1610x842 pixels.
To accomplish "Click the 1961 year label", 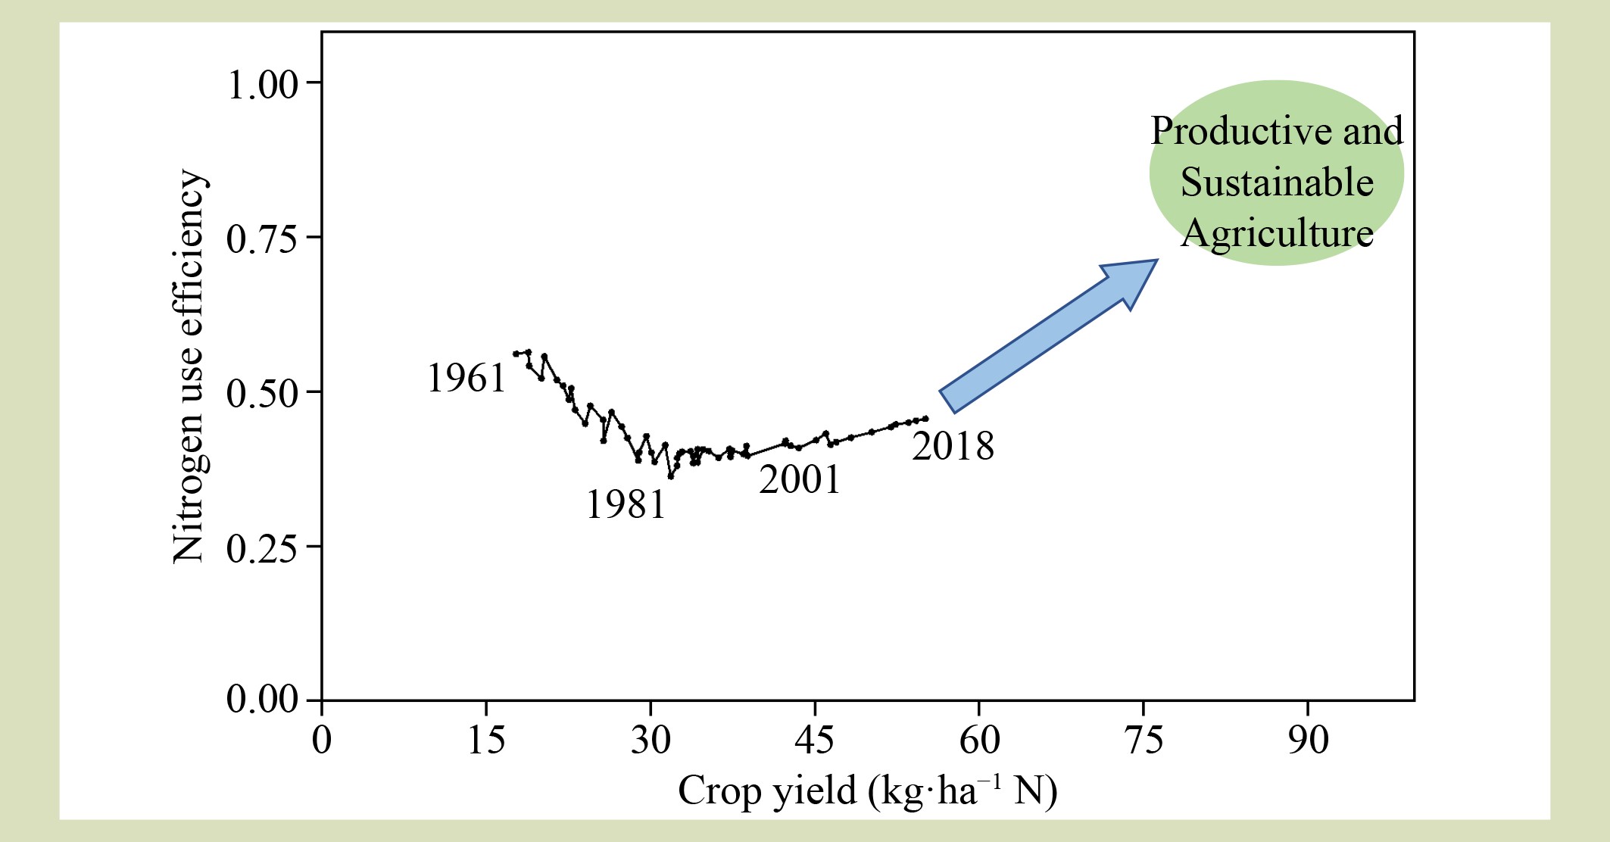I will tap(466, 378).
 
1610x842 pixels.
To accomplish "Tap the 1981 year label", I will tap(626, 504).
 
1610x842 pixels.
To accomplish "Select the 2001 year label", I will tap(800, 479).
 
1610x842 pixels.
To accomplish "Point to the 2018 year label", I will tap(953, 445).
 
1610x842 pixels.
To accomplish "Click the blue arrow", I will tap(1049, 337).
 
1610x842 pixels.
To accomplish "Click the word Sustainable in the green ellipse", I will tap(1277, 182).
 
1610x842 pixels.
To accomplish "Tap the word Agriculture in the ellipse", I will tap(1277, 232).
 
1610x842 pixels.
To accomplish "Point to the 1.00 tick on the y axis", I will tap(262, 84).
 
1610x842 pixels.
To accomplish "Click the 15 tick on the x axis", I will tap(486, 740).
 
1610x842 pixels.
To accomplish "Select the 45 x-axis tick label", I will tap(814, 740).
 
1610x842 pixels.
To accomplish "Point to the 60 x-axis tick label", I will tap(979, 740).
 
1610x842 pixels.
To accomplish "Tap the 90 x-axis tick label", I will tap(1308, 740).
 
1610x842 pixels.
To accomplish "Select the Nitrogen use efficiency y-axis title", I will tap(189, 366).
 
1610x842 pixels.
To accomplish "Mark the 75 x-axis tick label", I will tap(1144, 740).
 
